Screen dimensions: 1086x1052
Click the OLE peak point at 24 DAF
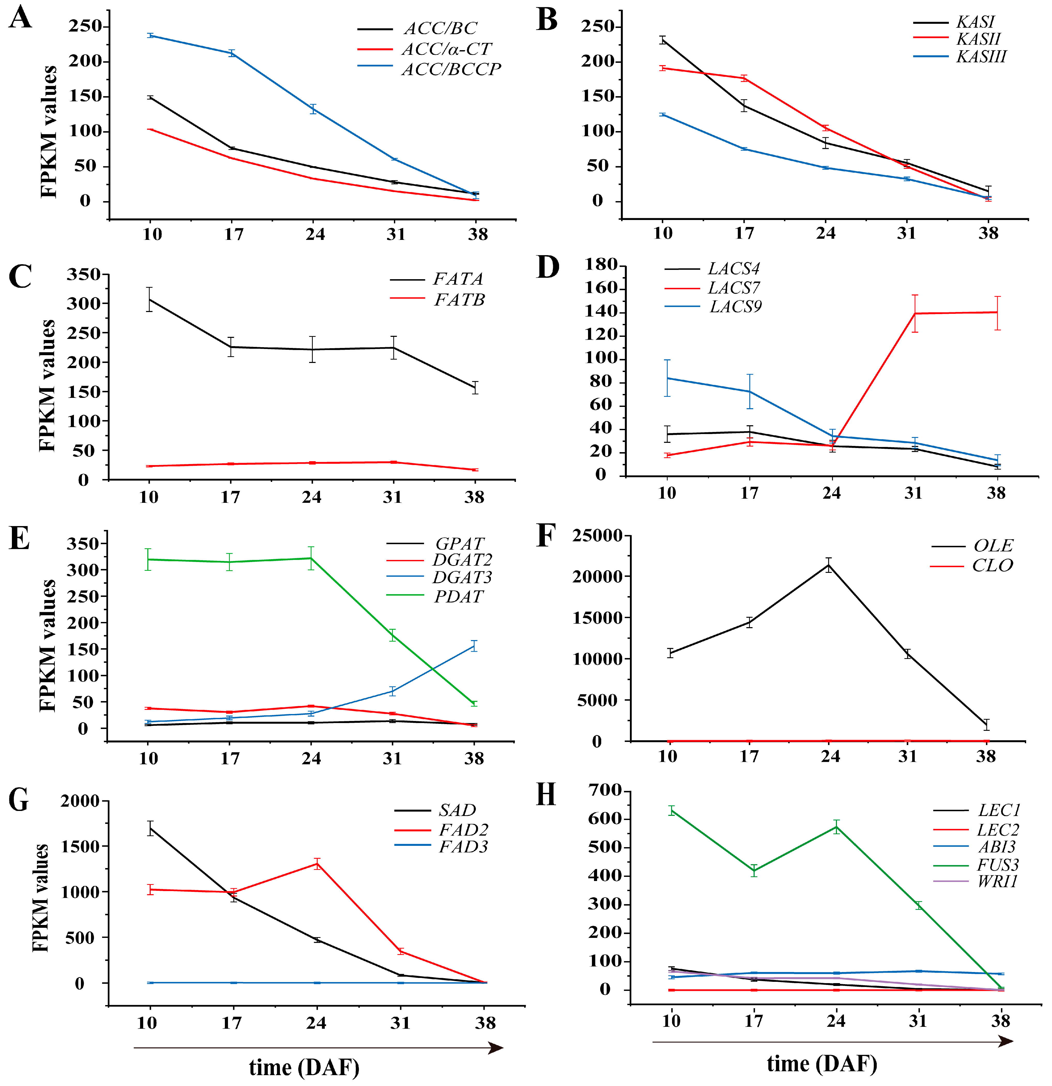coord(829,565)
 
